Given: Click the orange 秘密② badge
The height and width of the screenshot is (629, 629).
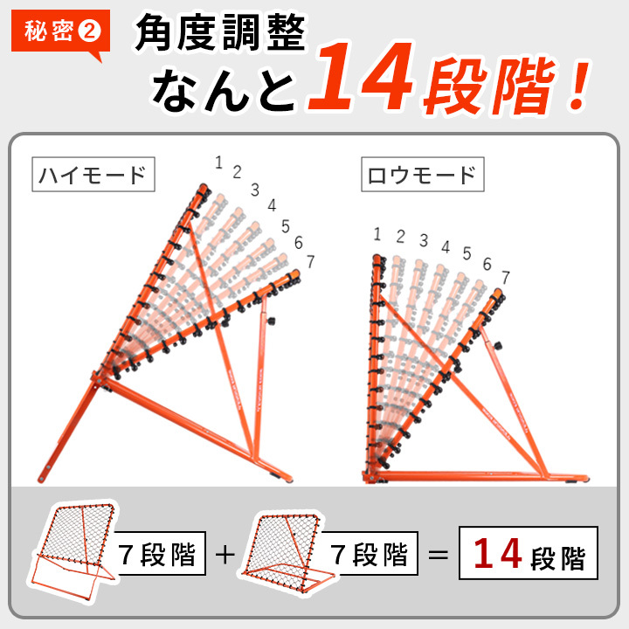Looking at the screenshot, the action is tap(60, 32).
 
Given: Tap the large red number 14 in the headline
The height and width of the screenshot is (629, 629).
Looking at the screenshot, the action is tap(361, 76).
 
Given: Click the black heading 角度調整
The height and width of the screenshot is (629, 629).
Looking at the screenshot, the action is tap(220, 31).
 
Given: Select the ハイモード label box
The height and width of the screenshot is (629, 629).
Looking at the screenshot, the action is tap(93, 174).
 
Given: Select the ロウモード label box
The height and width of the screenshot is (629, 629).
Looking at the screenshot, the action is tap(423, 174).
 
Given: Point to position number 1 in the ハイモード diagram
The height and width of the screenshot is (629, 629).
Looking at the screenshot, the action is tap(218, 162).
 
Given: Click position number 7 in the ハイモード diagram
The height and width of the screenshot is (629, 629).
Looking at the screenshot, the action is tap(310, 261).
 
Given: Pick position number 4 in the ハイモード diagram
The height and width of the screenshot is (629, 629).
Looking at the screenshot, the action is tap(272, 205).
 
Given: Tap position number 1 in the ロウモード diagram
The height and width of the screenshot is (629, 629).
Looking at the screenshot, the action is tap(377, 234).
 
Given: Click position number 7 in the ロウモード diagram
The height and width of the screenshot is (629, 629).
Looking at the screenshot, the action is tap(506, 277).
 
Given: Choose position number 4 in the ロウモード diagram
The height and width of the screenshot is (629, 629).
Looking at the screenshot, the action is tap(446, 247).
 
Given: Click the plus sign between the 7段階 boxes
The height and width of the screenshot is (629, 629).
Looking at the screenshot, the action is tap(225, 555).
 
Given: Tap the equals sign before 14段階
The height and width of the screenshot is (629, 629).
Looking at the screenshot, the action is tap(438, 556).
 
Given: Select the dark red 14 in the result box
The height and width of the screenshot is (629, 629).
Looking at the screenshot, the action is tap(498, 554).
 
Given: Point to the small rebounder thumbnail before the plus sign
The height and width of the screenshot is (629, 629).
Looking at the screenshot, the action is tap(73, 550).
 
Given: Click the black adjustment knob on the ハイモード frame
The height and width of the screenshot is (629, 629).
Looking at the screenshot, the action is tap(271, 321).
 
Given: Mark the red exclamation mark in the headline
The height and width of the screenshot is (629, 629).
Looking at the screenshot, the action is tap(578, 86).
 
